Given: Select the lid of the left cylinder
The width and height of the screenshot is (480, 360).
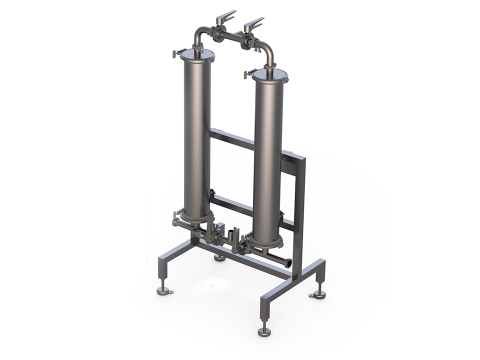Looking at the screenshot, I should pos(197,54).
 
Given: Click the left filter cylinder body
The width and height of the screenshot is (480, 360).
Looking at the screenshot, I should pos(197,135).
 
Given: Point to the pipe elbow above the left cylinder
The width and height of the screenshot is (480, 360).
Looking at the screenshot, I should pos(198,34).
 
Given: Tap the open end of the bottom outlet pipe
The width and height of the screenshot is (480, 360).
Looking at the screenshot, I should pos(288,262).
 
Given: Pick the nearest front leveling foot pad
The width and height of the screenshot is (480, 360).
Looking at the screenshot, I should pos(264,331).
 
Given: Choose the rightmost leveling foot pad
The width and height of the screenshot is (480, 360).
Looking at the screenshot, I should pos(318,294).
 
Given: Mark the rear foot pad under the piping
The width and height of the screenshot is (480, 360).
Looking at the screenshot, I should pos(219,257).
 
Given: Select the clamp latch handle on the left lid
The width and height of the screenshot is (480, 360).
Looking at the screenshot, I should pos(176,52).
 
